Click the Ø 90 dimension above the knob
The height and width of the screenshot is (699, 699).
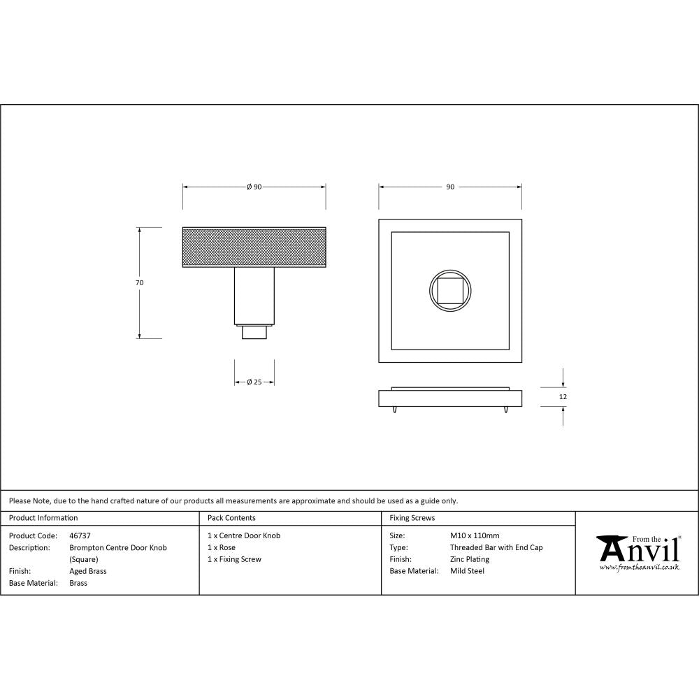[x=254, y=187]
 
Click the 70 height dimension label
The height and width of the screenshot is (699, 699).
[x=139, y=282]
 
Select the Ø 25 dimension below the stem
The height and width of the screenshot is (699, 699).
[x=254, y=382]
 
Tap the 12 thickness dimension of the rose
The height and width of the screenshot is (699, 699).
[x=563, y=396]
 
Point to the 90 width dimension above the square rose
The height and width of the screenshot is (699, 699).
[x=450, y=187]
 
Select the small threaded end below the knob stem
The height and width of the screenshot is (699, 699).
[x=254, y=332]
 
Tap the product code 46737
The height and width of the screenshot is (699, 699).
[x=80, y=535]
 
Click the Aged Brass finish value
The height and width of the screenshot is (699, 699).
[x=88, y=571]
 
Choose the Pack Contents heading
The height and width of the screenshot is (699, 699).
[x=231, y=518]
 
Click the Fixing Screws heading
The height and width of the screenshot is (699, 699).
[x=412, y=518]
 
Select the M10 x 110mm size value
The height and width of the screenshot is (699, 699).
[x=475, y=535]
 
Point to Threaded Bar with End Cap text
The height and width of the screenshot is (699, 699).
[x=496, y=547]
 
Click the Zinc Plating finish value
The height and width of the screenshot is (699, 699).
[x=469, y=559]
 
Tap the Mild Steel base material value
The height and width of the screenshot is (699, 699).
[x=467, y=571]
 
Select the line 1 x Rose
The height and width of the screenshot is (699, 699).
[x=222, y=547]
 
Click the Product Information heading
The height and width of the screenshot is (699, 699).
[x=43, y=518]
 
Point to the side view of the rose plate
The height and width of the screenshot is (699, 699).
[x=450, y=398]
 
